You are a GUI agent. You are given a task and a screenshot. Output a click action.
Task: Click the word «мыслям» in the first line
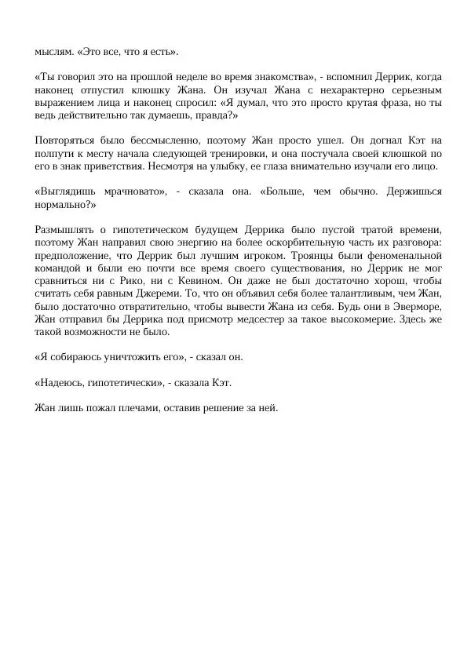click(x=51, y=52)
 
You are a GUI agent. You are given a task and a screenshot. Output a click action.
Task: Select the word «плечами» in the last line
click(x=134, y=407)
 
